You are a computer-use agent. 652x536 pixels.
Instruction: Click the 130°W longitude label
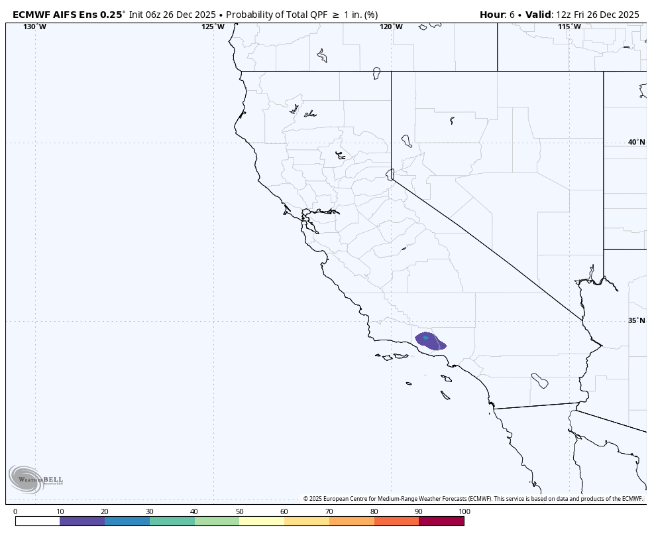(x=35, y=27)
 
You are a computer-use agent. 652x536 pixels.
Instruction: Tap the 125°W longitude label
(x=213, y=27)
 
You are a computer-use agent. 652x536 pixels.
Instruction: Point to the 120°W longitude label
(x=391, y=27)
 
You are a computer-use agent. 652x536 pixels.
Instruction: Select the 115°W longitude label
(x=569, y=27)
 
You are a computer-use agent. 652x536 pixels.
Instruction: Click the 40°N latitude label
(x=636, y=142)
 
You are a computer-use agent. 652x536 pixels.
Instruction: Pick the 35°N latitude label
(x=636, y=320)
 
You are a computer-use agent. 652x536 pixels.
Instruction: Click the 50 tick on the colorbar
(x=239, y=511)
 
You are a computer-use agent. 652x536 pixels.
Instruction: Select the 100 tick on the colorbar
(x=464, y=511)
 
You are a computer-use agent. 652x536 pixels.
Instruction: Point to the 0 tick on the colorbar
(x=15, y=511)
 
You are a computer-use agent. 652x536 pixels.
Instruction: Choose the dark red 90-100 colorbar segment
(x=441, y=521)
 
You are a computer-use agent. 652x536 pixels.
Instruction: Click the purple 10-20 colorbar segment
(x=82, y=521)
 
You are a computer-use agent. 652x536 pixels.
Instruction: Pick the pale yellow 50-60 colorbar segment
(x=262, y=521)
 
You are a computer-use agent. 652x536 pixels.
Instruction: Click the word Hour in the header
(x=492, y=14)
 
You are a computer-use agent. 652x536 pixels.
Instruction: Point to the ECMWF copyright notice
(x=472, y=499)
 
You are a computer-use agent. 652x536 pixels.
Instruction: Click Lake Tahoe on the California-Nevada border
(x=390, y=174)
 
